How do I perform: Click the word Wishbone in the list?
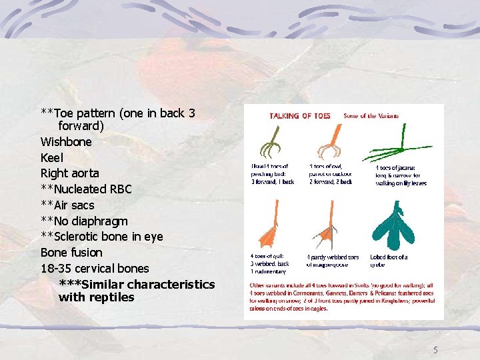[66, 142]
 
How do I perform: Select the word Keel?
[52, 158]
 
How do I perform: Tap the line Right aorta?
[69, 173]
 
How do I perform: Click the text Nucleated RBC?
[91, 189]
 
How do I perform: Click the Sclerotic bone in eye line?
[106, 237]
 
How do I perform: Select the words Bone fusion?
[71, 253]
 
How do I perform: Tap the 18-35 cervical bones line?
[95, 269]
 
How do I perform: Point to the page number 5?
[435, 350]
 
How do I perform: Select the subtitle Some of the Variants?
[371, 115]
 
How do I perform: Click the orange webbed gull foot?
[267, 230]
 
